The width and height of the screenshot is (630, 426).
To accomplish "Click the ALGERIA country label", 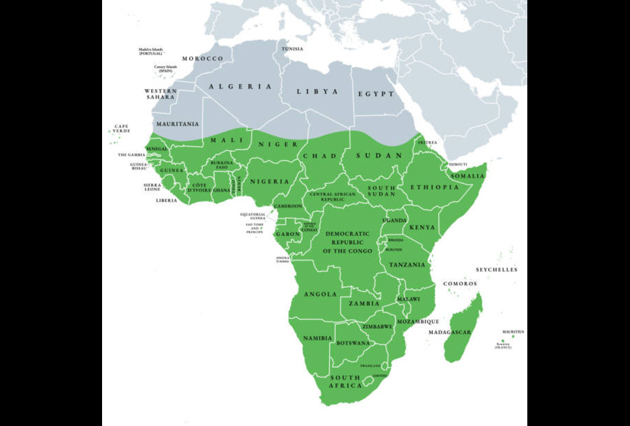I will [x=241, y=86].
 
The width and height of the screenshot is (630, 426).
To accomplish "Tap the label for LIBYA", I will [x=318, y=92].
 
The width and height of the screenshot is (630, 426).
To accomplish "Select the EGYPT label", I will [x=376, y=94].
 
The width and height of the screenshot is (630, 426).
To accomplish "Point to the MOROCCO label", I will [x=203, y=59].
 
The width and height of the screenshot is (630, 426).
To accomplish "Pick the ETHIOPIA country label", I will [x=435, y=187].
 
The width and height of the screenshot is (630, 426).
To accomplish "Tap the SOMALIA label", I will [x=467, y=175].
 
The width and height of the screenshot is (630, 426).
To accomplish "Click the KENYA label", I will [x=422, y=227].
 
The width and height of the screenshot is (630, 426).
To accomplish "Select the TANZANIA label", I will [x=406, y=265].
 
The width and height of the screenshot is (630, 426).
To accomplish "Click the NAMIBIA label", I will [x=318, y=338].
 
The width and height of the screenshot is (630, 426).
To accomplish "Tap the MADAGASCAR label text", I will [x=450, y=332].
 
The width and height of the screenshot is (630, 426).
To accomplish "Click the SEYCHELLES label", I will [x=496, y=269].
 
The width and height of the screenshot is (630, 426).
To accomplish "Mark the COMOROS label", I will [x=460, y=284].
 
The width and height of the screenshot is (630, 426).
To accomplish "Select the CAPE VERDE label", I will [x=122, y=129].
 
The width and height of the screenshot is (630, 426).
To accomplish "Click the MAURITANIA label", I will [x=177, y=124].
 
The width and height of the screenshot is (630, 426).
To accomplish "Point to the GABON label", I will [x=287, y=234].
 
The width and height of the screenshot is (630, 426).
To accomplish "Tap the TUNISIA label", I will [x=292, y=49].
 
